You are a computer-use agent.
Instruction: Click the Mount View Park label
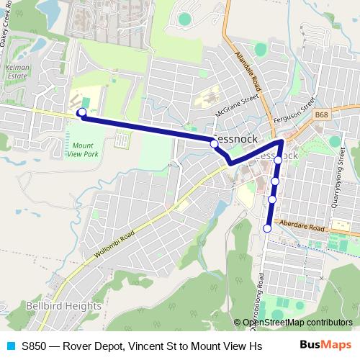(x=84, y=149)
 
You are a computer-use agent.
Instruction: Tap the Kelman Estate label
(x=17, y=71)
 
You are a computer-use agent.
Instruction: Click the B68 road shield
(x=322, y=114)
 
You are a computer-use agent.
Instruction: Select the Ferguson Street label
(x=294, y=110)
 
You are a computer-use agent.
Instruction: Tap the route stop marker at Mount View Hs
(x=82, y=112)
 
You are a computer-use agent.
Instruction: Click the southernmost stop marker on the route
(x=267, y=228)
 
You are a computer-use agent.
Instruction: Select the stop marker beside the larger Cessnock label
(x=214, y=144)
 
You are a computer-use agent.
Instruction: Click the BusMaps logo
(x=330, y=346)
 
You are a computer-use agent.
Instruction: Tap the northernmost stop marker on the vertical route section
(x=279, y=160)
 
